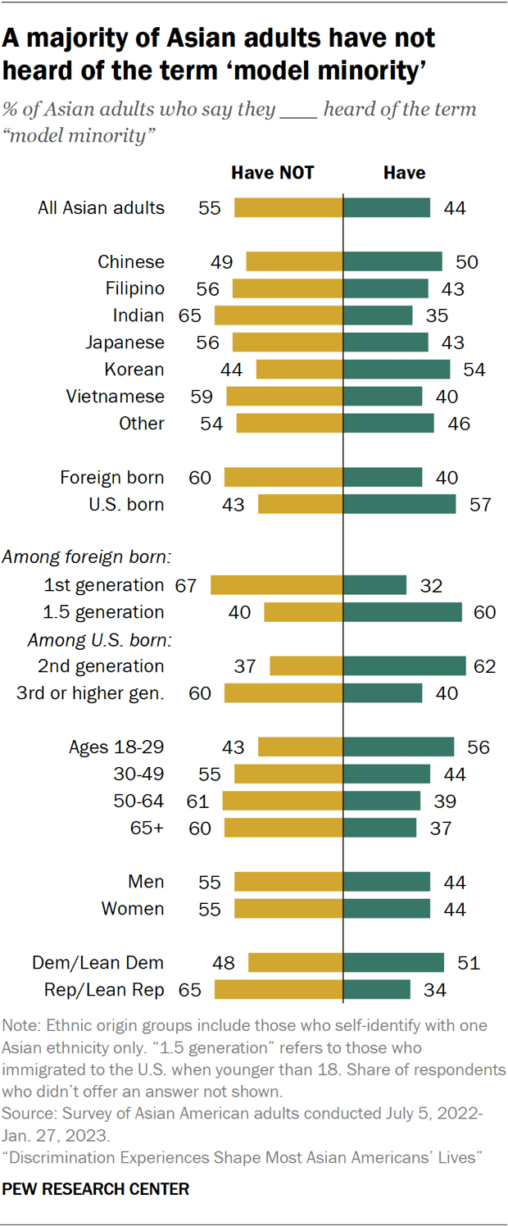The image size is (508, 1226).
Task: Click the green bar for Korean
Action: [x=397, y=370]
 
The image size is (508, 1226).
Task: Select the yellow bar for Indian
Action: [x=279, y=316]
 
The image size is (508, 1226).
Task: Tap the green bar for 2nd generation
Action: [x=405, y=666]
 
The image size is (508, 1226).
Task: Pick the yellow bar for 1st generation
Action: [x=277, y=585]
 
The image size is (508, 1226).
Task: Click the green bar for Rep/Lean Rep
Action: [x=377, y=990]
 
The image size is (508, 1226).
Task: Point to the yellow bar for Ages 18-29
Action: [x=300, y=747]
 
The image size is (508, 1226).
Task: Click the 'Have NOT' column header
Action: [x=272, y=173]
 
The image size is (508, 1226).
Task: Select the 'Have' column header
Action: [x=404, y=173]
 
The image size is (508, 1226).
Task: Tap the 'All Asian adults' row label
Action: [x=101, y=208]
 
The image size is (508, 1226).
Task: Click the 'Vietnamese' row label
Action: [x=115, y=397]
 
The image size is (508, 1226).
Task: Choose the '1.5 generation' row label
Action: [x=103, y=612]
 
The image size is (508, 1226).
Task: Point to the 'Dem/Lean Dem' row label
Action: [x=98, y=963]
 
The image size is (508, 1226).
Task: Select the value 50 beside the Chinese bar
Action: [x=466, y=262]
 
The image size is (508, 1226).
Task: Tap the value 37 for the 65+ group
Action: [x=440, y=828]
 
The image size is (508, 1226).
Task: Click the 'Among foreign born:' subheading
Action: [x=86, y=558]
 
